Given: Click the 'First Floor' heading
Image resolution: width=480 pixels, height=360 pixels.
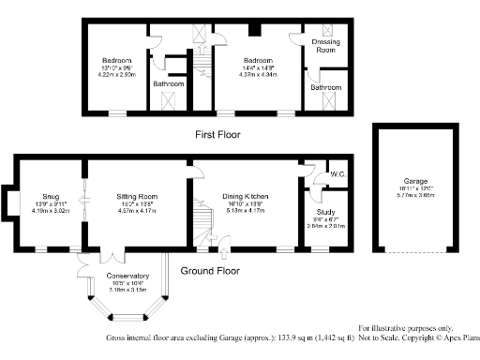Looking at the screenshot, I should click(217, 135).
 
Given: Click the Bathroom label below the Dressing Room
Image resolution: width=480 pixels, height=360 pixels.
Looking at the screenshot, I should click(326, 87).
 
